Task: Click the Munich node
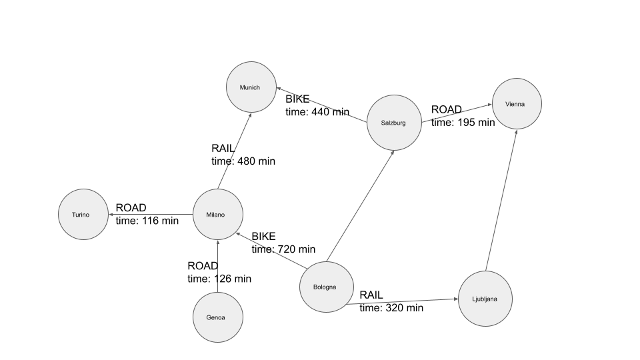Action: tap(251, 87)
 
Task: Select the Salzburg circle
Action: tap(394, 123)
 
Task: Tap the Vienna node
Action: tap(516, 104)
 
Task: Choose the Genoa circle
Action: tap(217, 317)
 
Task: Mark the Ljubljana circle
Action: tap(485, 299)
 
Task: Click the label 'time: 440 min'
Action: tap(317, 112)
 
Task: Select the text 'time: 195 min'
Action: tap(463, 122)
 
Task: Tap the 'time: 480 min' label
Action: tap(243, 161)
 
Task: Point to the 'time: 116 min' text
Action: tap(147, 221)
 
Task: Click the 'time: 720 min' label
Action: tap(283, 249)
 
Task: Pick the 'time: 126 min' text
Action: tap(219, 279)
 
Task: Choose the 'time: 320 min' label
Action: tap(391, 308)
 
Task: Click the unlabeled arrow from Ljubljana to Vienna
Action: tap(501, 200)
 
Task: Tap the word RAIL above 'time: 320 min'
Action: tap(371, 295)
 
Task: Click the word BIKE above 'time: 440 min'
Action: tap(297, 99)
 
